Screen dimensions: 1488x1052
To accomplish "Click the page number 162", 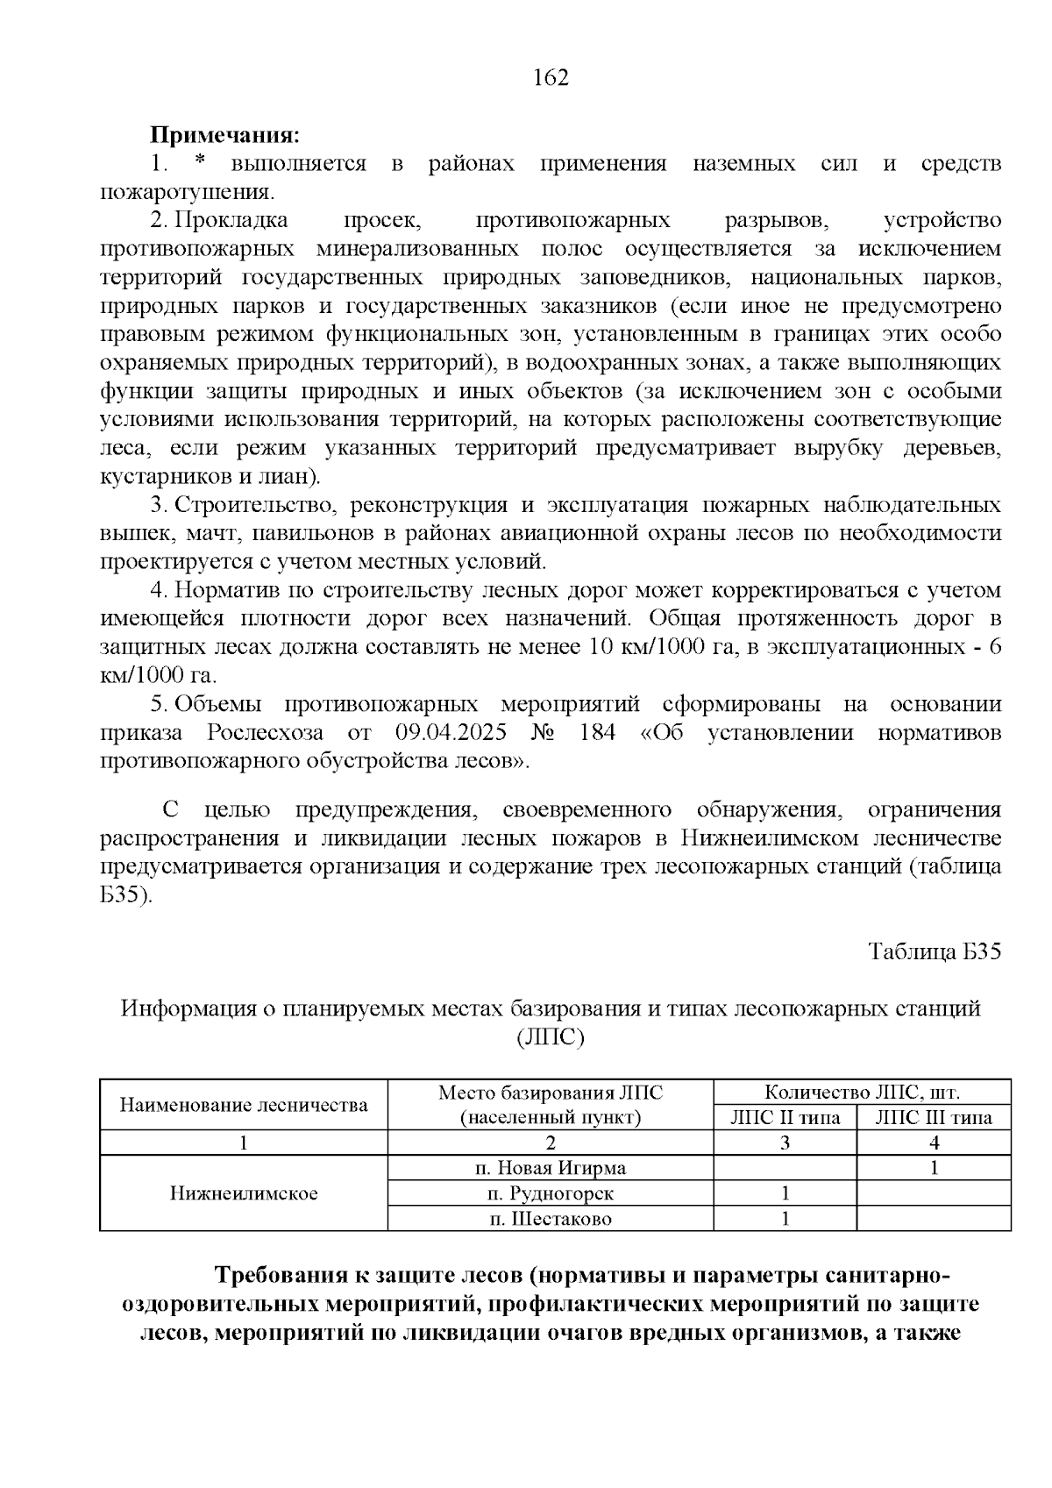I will pyautogui.click(x=551, y=78).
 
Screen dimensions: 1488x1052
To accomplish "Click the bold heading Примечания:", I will pyautogui.click(x=225, y=136).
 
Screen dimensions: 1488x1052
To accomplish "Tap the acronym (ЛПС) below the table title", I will pyautogui.click(x=551, y=1037).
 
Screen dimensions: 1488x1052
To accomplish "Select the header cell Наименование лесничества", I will pyautogui.click(x=244, y=1105).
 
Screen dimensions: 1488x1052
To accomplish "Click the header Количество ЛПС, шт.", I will pyautogui.click(x=863, y=1093).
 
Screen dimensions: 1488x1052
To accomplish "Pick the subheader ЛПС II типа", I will pyautogui.click(x=785, y=1118).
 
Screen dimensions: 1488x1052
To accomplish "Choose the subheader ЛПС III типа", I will pyautogui.click(x=934, y=1118).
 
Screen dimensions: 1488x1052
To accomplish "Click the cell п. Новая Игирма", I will pyautogui.click(x=551, y=1168).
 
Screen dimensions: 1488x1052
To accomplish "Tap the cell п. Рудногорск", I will pyautogui.click(x=551, y=1193).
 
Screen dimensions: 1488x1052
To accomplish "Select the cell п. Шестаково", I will pyautogui.click(x=551, y=1219).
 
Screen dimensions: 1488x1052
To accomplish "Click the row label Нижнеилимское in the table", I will pyautogui.click(x=244, y=1193).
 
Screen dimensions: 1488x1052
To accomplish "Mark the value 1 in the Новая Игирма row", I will pyautogui.click(x=934, y=1168).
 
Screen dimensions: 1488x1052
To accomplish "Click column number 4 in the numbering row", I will pyautogui.click(x=934, y=1143).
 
